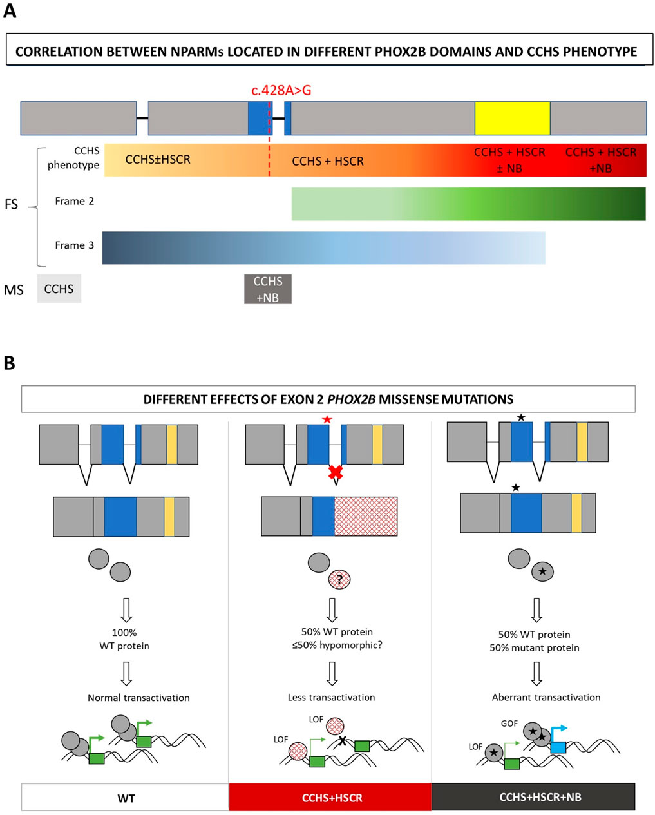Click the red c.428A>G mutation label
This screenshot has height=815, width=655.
(281, 90)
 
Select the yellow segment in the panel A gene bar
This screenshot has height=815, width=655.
(512, 118)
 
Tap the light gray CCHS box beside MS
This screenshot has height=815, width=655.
(59, 289)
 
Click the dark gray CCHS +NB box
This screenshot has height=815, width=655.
(267, 289)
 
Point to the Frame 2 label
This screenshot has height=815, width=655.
(74, 201)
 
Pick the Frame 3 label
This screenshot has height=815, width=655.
(74, 245)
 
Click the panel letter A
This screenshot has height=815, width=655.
(10, 11)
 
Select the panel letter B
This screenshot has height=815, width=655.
(10, 363)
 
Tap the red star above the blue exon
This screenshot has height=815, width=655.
(329, 420)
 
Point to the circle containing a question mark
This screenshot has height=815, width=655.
(339, 579)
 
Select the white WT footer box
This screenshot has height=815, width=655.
(126, 798)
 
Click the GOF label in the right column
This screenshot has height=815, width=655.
(509, 724)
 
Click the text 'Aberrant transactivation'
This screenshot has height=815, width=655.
(546, 697)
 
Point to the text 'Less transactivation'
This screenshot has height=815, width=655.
(331, 697)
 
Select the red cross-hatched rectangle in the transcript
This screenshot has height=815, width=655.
(365, 516)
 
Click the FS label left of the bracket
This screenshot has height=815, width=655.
(12, 205)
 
